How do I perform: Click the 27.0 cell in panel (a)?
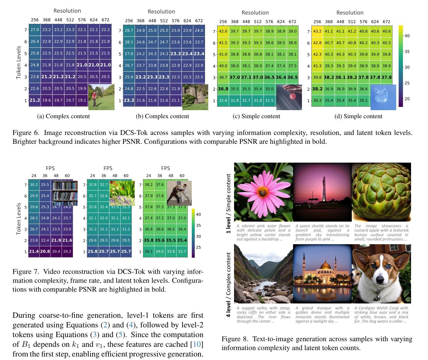pyautogui.click(x=35, y=30)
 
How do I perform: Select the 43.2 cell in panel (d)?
pyautogui.click(x=317, y=31)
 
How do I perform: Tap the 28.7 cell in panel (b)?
pyautogui.click(x=129, y=30)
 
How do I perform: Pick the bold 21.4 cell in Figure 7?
pyautogui.click(x=34, y=251)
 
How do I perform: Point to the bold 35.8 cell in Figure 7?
pyautogui.click(x=148, y=240)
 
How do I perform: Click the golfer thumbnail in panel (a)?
pyautogui.click(x=101, y=97)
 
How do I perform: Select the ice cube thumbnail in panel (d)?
pyautogui.click(x=383, y=97)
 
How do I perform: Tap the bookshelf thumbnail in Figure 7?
pyautogui.click(x=65, y=193)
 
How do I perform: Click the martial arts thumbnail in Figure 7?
pyautogui.click(x=179, y=193)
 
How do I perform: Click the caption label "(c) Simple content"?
pyautogui.click(x=256, y=116)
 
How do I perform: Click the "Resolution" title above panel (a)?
pyautogui.click(x=67, y=11)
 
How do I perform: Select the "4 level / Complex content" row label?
pyautogui.click(x=229, y=285)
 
